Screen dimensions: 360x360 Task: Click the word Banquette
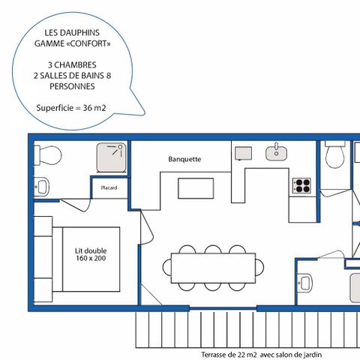pos(184,159)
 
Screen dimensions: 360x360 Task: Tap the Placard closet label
pos(109,187)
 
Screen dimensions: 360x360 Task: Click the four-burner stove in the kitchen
pos(301,184)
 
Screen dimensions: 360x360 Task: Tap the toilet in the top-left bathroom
pos(49,155)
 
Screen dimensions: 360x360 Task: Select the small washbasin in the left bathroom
pos(41,184)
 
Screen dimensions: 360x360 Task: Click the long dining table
pos(217,267)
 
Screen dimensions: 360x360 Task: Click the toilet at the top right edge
pos(334,155)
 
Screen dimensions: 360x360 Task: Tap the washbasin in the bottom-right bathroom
pos(305,283)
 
